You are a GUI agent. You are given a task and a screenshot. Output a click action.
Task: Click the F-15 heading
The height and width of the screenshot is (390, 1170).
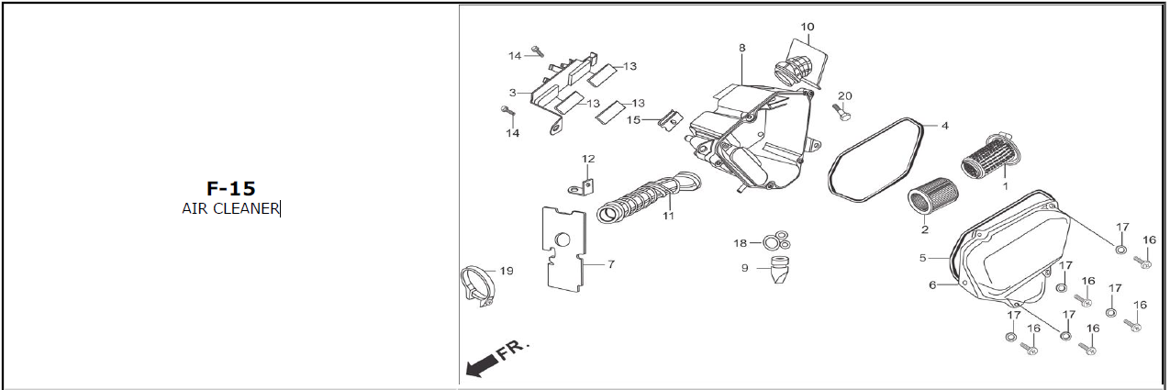[231, 188]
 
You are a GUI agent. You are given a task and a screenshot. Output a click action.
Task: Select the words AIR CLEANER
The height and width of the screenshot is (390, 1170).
[230, 208]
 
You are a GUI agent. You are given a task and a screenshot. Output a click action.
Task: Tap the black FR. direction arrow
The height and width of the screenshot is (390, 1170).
[482, 365]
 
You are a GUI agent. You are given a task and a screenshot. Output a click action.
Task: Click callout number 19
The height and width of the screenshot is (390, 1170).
[507, 271]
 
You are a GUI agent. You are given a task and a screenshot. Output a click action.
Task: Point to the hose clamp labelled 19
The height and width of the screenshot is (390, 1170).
[476, 286]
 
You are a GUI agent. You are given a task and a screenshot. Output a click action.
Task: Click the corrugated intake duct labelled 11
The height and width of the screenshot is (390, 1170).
[648, 196]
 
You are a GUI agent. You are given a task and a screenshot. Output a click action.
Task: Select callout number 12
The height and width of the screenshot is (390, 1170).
[588, 159]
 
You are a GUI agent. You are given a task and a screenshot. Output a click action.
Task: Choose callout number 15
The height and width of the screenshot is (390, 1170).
[633, 120]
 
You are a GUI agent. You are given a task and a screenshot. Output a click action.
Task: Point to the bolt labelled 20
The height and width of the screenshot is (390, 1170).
[841, 112]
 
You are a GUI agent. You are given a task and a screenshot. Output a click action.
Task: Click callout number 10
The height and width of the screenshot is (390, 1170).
[808, 27]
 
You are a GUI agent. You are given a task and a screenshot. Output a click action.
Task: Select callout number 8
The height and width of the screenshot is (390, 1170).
[741, 48]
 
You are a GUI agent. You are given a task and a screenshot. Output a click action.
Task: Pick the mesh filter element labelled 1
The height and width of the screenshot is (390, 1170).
[990, 156]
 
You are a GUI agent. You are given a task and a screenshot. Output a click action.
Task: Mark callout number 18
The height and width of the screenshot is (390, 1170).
[741, 243]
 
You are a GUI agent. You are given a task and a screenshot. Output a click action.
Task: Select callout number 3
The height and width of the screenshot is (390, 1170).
[512, 93]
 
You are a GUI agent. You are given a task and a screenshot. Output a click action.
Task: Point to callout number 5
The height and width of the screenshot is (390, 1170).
[923, 258]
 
